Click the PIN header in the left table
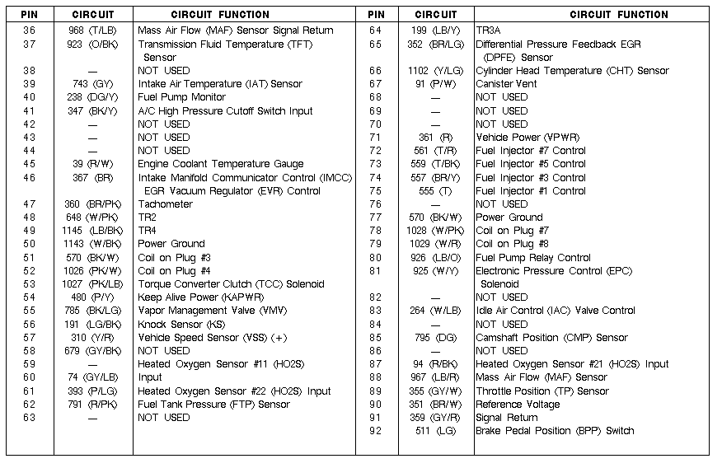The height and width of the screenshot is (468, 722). click(x=30, y=14)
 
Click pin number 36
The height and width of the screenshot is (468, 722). click(x=30, y=30)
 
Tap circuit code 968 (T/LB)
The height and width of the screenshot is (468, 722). click(x=91, y=30)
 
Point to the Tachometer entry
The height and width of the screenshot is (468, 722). click(x=165, y=204)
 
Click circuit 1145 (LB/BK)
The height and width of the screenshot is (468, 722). click(x=91, y=231)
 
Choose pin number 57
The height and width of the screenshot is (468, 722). click(x=30, y=338)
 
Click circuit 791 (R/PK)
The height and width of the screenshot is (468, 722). click(x=91, y=405)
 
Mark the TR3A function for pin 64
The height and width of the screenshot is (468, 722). click(x=489, y=30)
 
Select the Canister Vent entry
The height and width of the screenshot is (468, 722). click(x=506, y=84)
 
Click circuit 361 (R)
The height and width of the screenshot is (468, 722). click(x=436, y=138)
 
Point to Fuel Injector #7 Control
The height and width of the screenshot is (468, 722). click(x=531, y=151)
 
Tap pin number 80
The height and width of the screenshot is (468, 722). click(x=376, y=258)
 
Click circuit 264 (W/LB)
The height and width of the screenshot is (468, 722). click(x=436, y=311)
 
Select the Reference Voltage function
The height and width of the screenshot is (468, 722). click(x=518, y=405)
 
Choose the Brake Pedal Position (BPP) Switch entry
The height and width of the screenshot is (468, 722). click(x=555, y=431)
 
